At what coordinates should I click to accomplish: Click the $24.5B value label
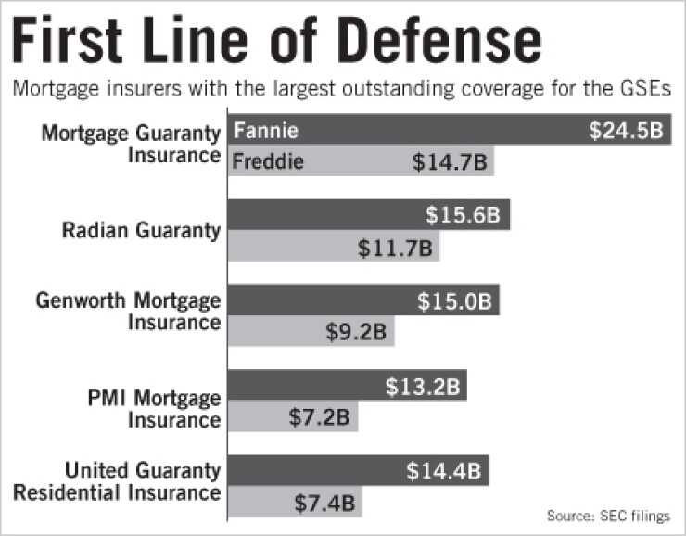tap(627, 131)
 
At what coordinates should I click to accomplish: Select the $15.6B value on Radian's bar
tap(463, 215)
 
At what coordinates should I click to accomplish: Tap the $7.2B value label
tap(317, 417)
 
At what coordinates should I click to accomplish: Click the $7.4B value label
tap(324, 504)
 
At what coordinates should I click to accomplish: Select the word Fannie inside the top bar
tap(265, 130)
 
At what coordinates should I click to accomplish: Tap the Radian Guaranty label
tap(142, 230)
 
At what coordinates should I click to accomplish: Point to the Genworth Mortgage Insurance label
tap(130, 312)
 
